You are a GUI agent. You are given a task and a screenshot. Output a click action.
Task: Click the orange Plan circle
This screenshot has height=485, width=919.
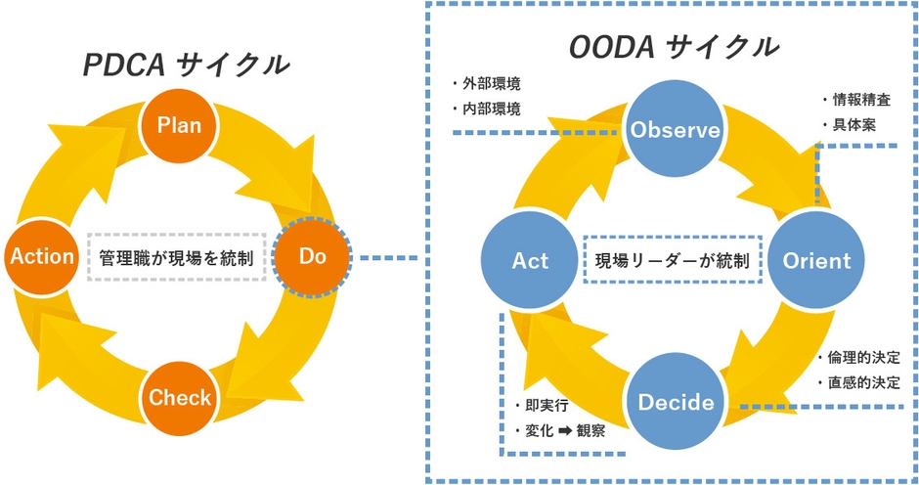[180, 124]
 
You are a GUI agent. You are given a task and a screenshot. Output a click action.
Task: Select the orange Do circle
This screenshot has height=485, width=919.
[312, 257]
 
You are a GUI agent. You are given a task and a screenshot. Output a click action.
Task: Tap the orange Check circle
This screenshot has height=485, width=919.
[180, 397]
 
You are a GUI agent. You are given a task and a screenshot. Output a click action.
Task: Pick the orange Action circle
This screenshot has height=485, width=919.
[42, 257]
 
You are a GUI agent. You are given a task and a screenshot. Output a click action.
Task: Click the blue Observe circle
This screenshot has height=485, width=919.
[675, 130]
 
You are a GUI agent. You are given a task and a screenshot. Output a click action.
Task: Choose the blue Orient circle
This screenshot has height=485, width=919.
[816, 261]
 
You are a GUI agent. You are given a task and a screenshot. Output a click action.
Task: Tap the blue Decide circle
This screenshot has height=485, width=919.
[675, 402]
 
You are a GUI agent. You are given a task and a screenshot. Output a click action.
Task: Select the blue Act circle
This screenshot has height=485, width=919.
[531, 261]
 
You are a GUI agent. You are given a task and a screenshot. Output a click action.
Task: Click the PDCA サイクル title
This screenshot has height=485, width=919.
[186, 65]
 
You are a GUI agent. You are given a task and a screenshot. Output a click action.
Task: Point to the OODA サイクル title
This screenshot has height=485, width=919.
[675, 45]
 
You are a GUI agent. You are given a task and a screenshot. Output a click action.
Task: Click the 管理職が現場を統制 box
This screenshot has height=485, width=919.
[177, 258]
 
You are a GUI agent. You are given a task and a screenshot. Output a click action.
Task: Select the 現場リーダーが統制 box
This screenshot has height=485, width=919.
[673, 261]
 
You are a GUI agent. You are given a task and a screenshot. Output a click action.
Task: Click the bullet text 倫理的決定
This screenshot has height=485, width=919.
[864, 357]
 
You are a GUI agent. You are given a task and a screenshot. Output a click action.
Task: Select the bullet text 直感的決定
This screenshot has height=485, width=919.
[864, 382]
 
